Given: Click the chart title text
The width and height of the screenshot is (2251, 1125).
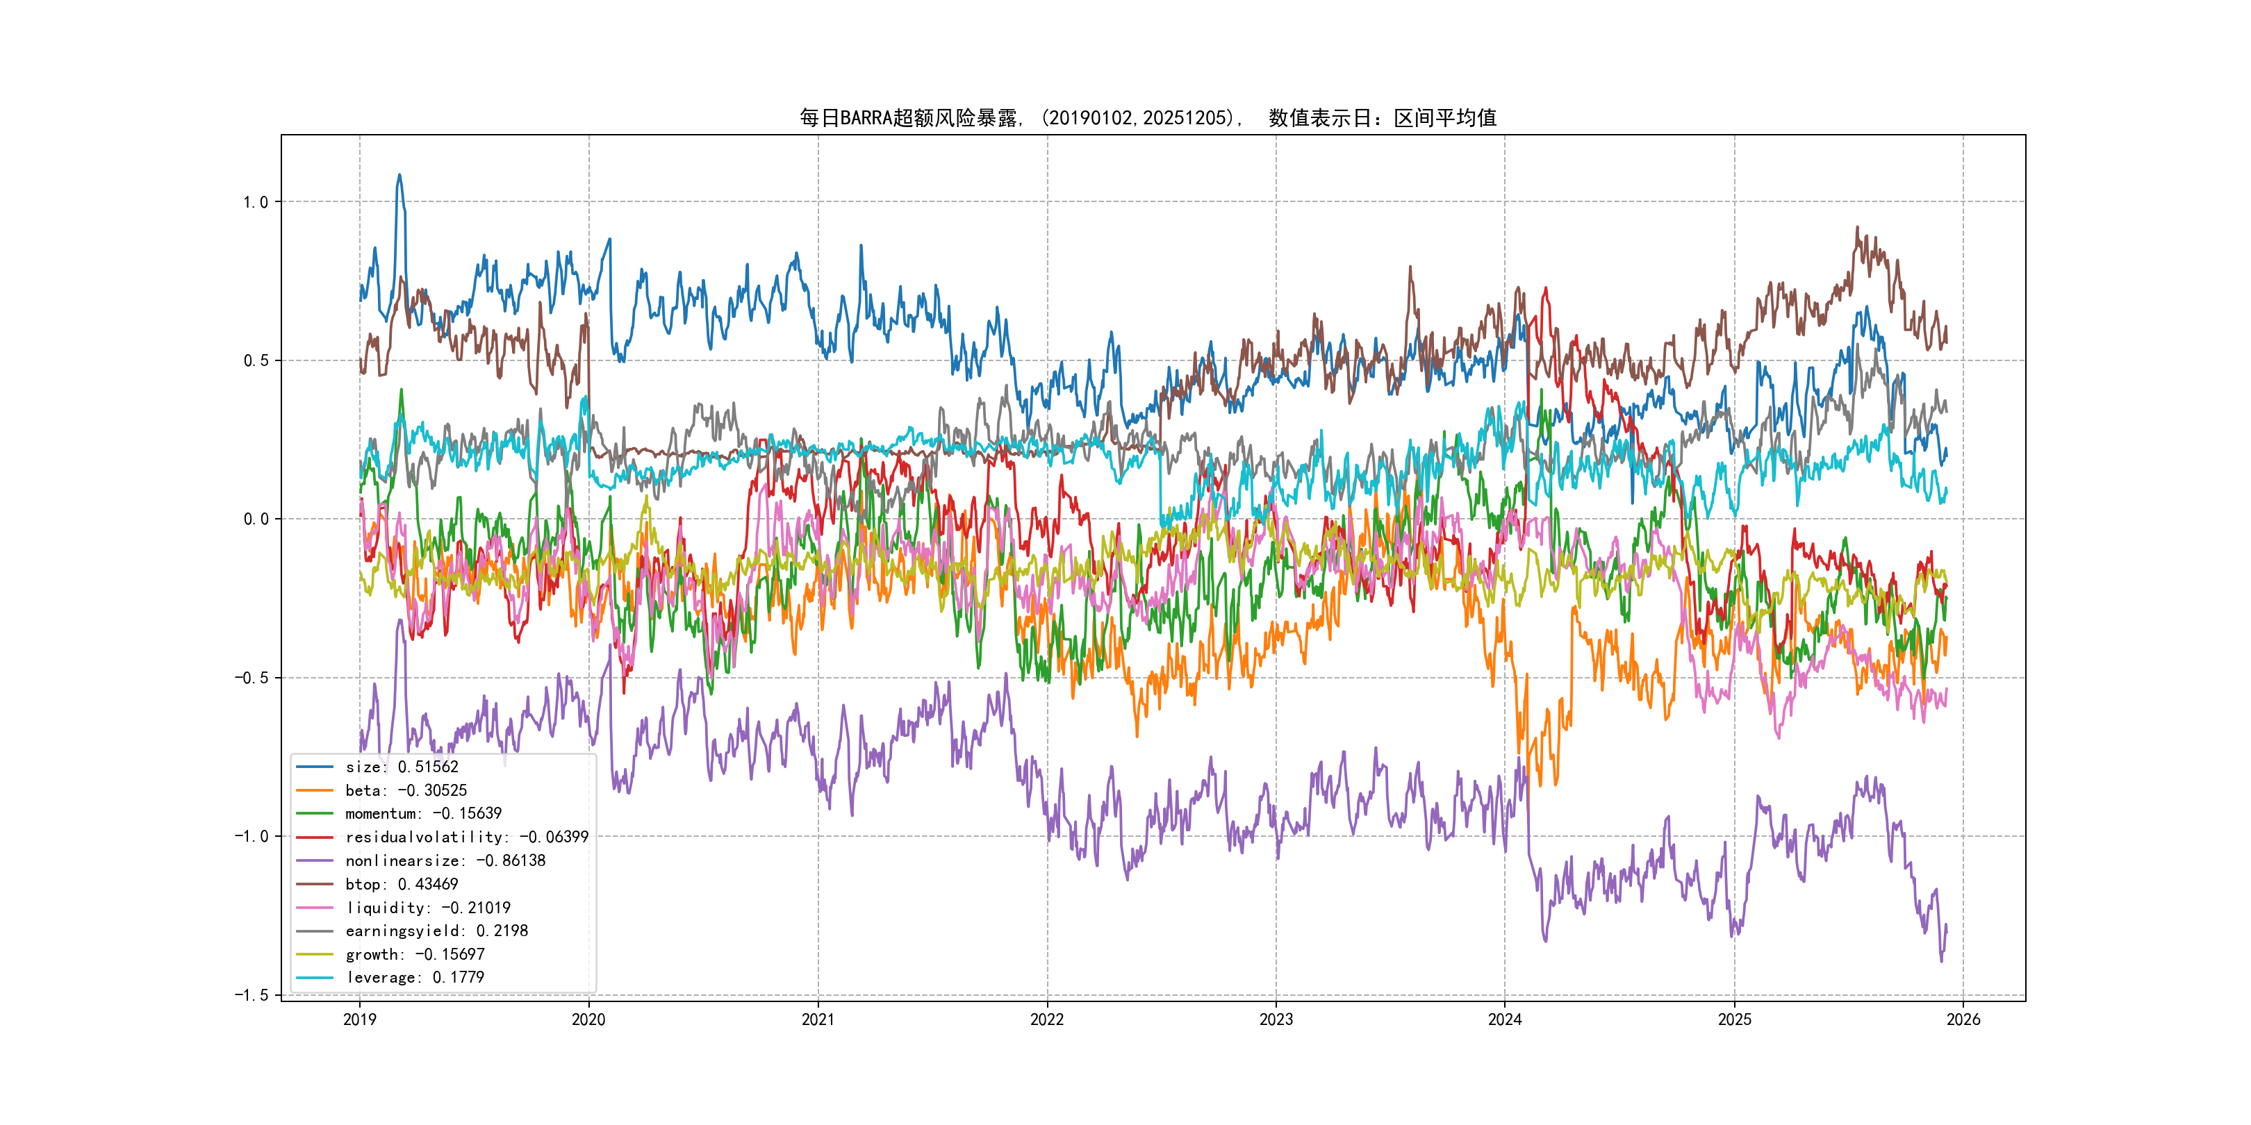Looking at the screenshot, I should tap(1147, 118).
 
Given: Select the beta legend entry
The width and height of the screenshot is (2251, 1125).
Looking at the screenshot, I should tap(406, 790).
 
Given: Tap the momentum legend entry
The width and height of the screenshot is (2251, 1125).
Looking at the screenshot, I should tap(423, 814).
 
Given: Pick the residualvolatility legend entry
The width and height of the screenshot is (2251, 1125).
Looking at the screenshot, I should tap(467, 837).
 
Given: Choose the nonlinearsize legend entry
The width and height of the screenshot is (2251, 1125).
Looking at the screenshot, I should tap(445, 861).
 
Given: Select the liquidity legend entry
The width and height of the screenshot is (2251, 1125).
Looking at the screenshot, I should tap(427, 908).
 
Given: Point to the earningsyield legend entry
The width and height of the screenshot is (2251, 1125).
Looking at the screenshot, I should tap(436, 931).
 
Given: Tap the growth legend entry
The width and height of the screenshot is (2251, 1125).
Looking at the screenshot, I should tap(414, 955).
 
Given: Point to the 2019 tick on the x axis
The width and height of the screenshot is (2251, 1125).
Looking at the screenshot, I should tap(359, 1019).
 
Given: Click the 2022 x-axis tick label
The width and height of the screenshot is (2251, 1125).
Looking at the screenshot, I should tap(1047, 1019).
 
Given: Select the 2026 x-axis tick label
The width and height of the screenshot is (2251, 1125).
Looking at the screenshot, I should tap(1963, 1019).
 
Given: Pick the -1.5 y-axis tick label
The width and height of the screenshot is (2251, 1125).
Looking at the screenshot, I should tap(252, 995).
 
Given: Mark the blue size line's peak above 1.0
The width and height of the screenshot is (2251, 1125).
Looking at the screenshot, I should tap(399, 175).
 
